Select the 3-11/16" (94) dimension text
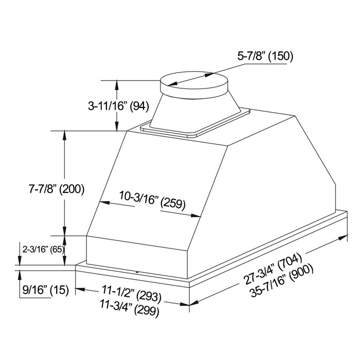coord(118,106)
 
